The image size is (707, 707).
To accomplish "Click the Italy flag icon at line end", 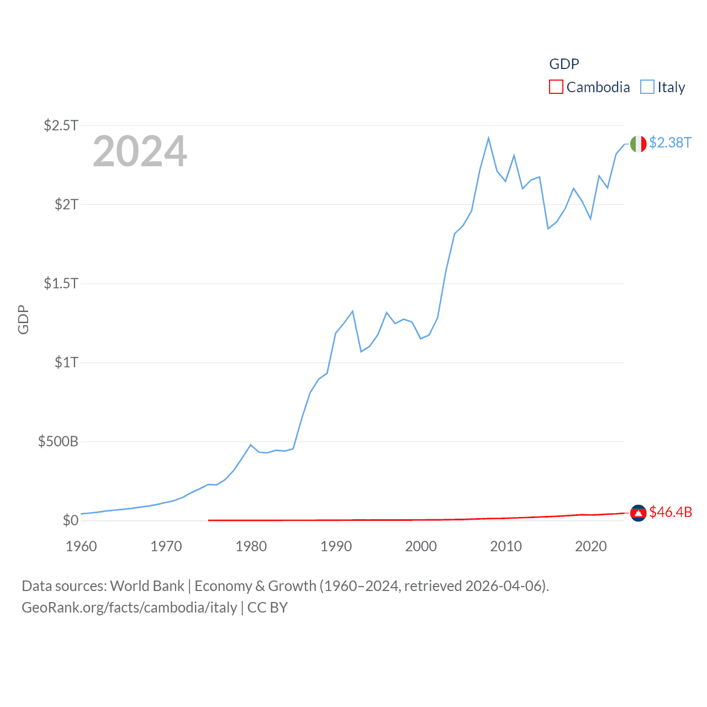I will click(x=638, y=144).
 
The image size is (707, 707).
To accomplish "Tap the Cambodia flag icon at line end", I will click(x=638, y=513).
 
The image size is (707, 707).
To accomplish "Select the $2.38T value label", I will click(x=670, y=143).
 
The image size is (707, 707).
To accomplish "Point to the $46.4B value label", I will click(x=671, y=512).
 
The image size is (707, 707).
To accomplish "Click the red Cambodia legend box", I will click(x=556, y=87).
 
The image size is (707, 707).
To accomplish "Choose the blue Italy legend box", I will click(x=647, y=87).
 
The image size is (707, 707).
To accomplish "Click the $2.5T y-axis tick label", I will click(x=61, y=125).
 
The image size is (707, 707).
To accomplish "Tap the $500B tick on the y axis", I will click(x=58, y=441).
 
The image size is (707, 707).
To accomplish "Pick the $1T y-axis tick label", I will click(x=66, y=362).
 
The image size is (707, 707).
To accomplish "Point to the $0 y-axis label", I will click(x=70, y=520).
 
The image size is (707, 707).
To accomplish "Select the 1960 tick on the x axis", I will click(x=81, y=546).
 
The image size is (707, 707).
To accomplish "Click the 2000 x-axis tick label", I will click(x=421, y=546).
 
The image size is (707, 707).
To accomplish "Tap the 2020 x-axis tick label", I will click(x=590, y=546).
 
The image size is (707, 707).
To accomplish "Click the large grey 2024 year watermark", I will click(x=140, y=151).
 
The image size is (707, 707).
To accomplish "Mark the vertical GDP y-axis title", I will click(x=23, y=319).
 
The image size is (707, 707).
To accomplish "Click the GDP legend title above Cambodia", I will click(x=564, y=64).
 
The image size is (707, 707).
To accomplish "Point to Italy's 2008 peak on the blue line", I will click(x=488, y=138).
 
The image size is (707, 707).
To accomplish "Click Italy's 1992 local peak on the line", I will click(x=352, y=312).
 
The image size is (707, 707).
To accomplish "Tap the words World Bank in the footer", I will click(x=147, y=585).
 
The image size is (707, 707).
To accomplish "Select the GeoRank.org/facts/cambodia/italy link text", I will click(x=129, y=608).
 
